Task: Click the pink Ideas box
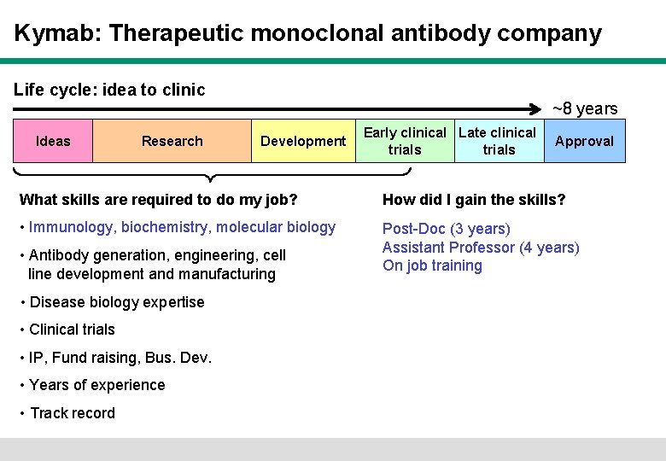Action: [x=53, y=141]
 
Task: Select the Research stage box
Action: [x=172, y=141]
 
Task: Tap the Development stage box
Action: [x=303, y=141]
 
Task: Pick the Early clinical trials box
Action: [x=405, y=141]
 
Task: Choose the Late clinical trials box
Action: [x=498, y=141]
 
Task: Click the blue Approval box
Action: [x=584, y=141]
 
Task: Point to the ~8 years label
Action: [x=585, y=108]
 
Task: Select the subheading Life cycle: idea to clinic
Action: [x=110, y=90]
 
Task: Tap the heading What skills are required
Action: [x=158, y=200]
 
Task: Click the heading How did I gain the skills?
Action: [x=474, y=200]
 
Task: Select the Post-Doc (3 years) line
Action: [x=447, y=229]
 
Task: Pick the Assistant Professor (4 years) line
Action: [x=481, y=248]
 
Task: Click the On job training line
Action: [x=432, y=266]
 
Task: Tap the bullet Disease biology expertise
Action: [x=117, y=302]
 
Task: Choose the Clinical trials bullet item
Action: [x=72, y=330]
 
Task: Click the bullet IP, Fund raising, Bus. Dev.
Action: [x=120, y=358]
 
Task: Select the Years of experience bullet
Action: [x=96, y=385]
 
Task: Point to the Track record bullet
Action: [x=72, y=413]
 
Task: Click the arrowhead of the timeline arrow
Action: [x=546, y=108]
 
